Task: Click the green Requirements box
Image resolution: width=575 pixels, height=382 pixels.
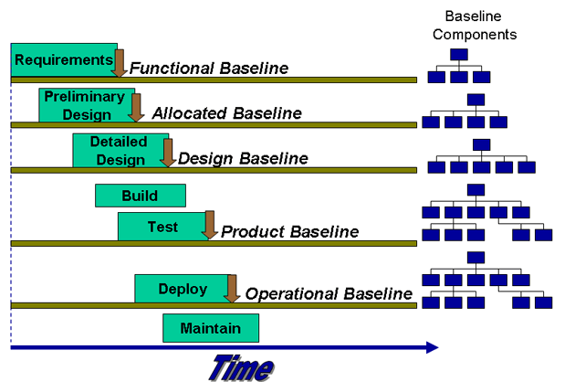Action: [x=63, y=60]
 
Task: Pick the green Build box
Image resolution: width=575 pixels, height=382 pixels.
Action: [x=140, y=196]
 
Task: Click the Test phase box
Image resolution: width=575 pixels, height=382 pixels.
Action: [x=162, y=227]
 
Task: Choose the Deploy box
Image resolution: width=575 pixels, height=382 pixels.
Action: [x=183, y=289]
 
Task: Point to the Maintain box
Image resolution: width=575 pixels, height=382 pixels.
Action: [x=210, y=328]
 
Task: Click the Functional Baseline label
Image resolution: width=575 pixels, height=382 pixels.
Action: [x=208, y=69]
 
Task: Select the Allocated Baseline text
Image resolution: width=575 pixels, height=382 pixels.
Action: [x=226, y=113]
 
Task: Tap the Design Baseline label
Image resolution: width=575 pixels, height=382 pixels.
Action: [x=243, y=158]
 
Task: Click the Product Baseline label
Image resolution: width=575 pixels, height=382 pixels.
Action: [x=289, y=231]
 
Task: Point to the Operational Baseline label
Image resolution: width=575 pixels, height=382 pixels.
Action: [x=329, y=293]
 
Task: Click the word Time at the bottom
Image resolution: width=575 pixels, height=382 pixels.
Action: [x=240, y=366]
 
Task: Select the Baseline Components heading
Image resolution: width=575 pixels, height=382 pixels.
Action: [x=475, y=26]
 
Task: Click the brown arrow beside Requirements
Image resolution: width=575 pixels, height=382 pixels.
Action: [x=119, y=63]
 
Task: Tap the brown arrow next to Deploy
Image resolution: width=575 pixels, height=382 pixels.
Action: [x=232, y=289]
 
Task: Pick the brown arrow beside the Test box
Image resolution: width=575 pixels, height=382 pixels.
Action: [x=210, y=225]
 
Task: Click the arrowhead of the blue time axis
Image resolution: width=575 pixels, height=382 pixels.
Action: [x=432, y=347]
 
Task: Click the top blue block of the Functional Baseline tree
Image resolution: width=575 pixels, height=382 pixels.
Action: [x=459, y=55]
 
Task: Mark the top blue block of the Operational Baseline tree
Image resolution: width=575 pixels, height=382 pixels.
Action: [x=475, y=258]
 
